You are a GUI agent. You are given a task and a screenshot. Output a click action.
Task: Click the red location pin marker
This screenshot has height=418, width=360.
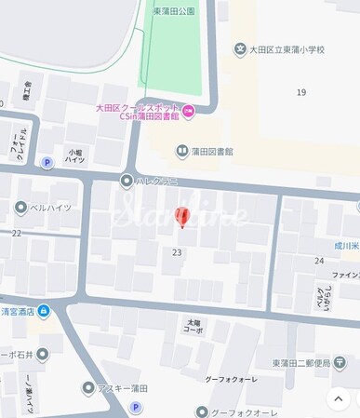point(181,216)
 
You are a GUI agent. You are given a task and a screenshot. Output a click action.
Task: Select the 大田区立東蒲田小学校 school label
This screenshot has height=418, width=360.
point(287,49)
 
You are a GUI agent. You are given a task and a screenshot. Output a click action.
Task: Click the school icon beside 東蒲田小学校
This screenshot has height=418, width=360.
point(240,49)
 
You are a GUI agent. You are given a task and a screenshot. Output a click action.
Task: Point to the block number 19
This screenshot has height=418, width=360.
point(300,92)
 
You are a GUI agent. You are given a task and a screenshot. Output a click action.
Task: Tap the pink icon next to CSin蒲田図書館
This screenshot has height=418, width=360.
point(189,112)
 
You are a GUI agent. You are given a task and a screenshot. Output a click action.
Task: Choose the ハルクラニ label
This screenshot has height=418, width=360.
point(156,181)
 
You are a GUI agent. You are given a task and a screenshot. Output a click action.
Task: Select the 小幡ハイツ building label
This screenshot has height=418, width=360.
point(76,155)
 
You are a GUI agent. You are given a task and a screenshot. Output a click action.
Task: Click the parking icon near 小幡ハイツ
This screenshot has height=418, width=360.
point(47,162)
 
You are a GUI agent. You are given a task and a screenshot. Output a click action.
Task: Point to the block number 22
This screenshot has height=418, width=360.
point(16,233)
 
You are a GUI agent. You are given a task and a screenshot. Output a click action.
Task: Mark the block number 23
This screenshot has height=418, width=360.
point(177,252)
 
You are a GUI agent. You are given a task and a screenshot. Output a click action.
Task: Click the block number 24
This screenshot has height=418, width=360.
point(318,261)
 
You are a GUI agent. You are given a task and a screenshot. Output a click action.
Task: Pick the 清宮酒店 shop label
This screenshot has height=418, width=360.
point(18,312)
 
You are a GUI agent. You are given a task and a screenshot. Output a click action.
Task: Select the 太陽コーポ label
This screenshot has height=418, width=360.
point(192,326)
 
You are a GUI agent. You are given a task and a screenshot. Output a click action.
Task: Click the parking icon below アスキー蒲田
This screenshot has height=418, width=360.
point(136,407)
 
